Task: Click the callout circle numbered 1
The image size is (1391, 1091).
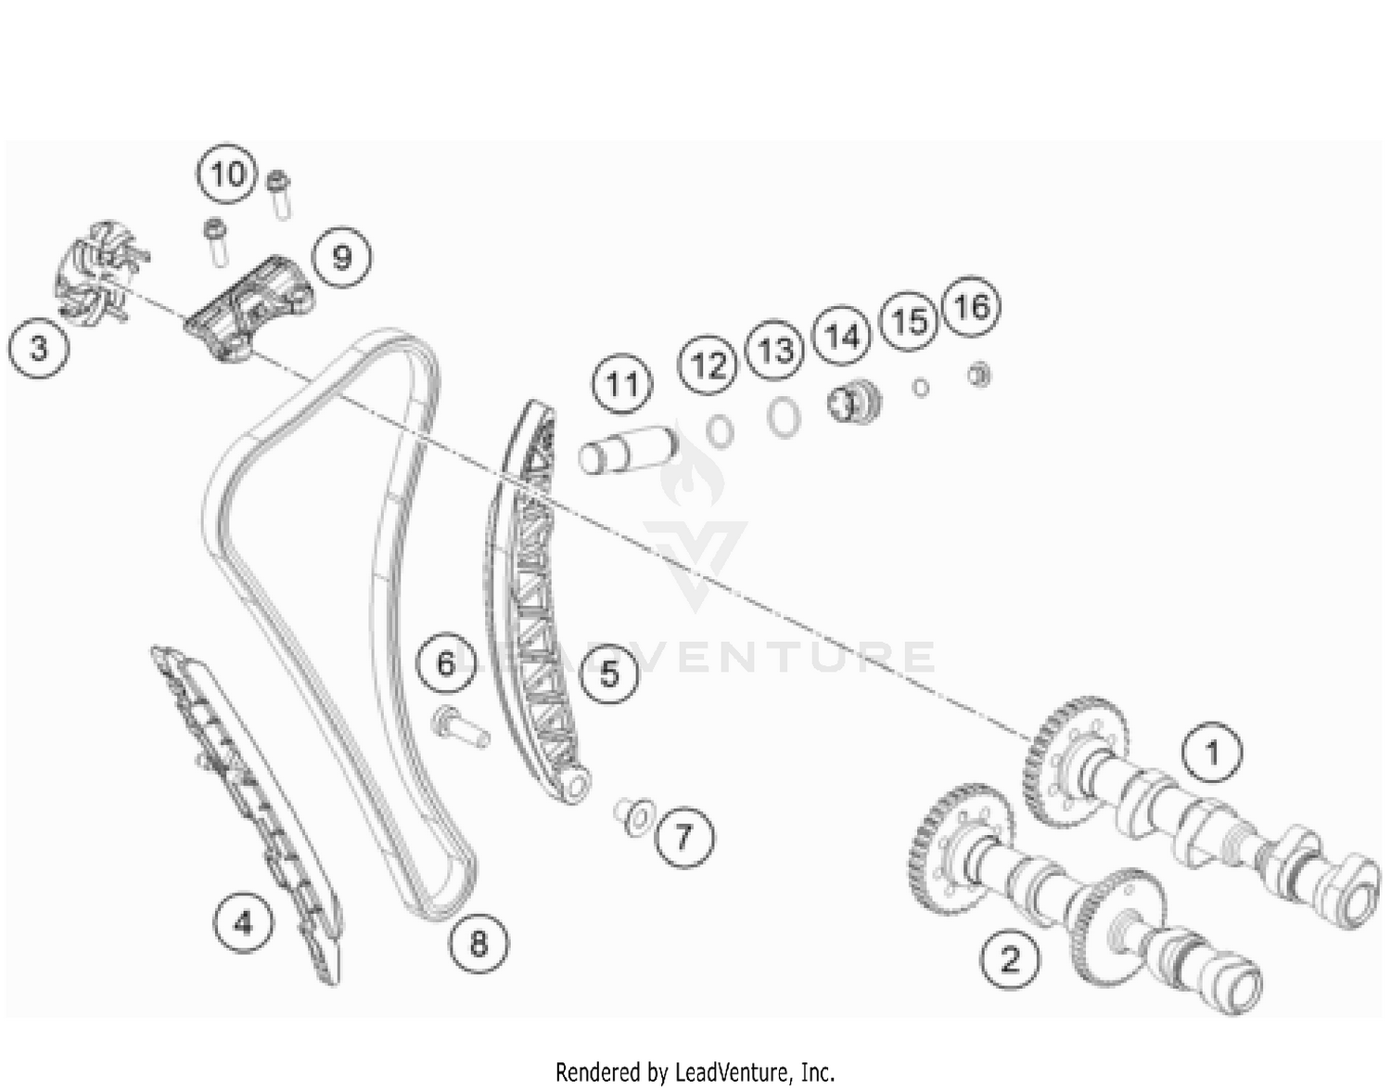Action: pyautogui.click(x=1212, y=752)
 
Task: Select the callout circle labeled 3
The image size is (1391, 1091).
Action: pyautogui.click(x=38, y=349)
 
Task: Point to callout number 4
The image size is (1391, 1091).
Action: pyautogui.click(x=243, y=922)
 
